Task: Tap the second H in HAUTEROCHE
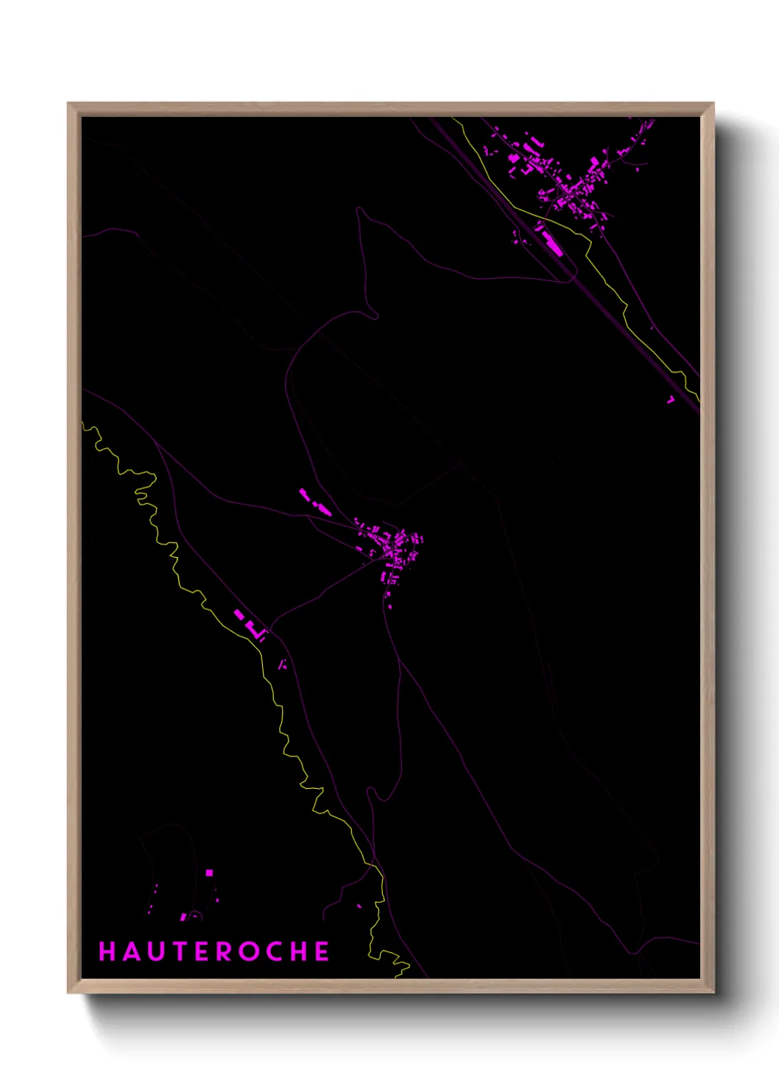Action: [299, 951]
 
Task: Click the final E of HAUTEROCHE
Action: [322, 951]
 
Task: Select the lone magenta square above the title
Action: [209, 873]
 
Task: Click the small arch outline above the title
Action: [194, 916]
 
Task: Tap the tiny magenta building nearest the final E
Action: [359, 906]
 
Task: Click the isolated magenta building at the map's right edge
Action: [671, 400]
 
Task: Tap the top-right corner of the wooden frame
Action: [713, 104]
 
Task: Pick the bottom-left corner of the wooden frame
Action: [69, 991]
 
